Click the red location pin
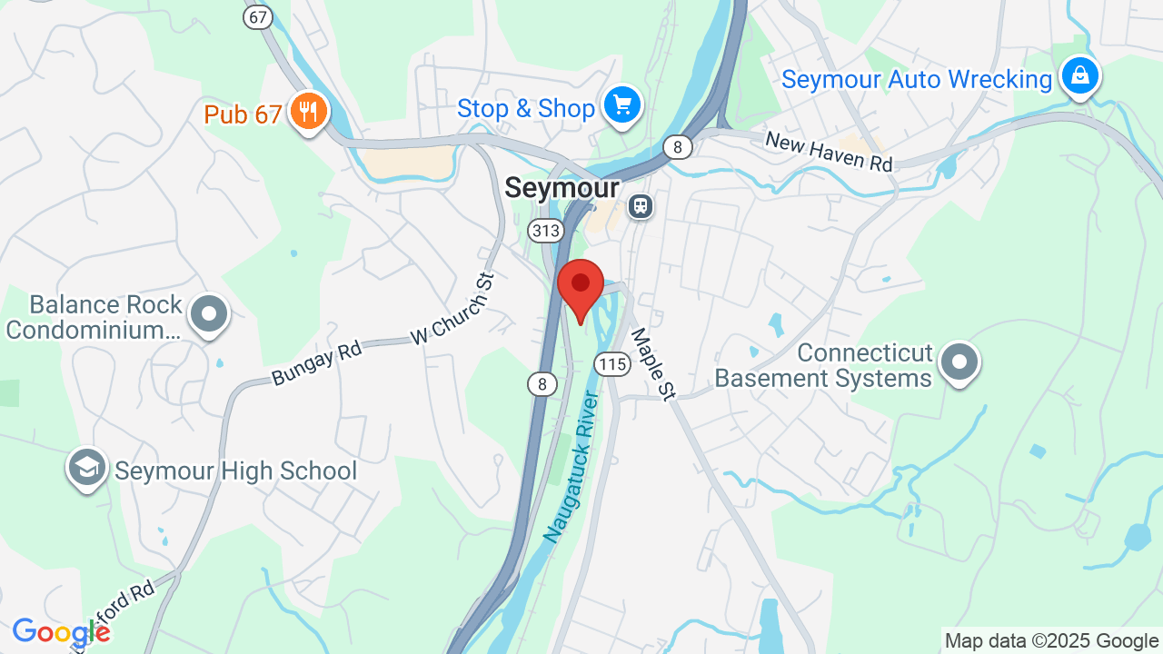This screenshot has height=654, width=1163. click(x=581, y=286)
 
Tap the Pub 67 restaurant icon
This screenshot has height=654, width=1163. click(x=309, y=112)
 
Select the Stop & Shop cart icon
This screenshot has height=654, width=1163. click(x=622, y=105)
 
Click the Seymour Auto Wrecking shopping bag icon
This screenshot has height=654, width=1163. click(x=1079, y=76)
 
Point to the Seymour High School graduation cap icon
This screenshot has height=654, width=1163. click(x=86, y=468)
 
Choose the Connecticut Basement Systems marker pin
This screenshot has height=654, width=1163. click(x=959, y=362)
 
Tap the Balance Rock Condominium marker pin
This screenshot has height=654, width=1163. click(x=209, y=314)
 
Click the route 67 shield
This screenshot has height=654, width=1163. click(x=259, y=16)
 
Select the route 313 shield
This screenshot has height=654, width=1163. click(x=545, y=231)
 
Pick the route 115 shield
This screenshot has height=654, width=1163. click(x=613, y=364)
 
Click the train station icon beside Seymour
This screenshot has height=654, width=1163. click(x=641, y=206)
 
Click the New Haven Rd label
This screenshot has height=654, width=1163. click(x=829, y=152)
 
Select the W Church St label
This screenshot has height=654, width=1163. click(x=452, y=309)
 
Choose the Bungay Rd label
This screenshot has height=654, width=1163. click(x=316, y=363)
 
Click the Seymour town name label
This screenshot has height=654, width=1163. click(x=562, y=188)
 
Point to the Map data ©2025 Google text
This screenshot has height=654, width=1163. click(x=1051, y=641)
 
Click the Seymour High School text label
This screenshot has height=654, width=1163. click(x=236, y=471)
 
